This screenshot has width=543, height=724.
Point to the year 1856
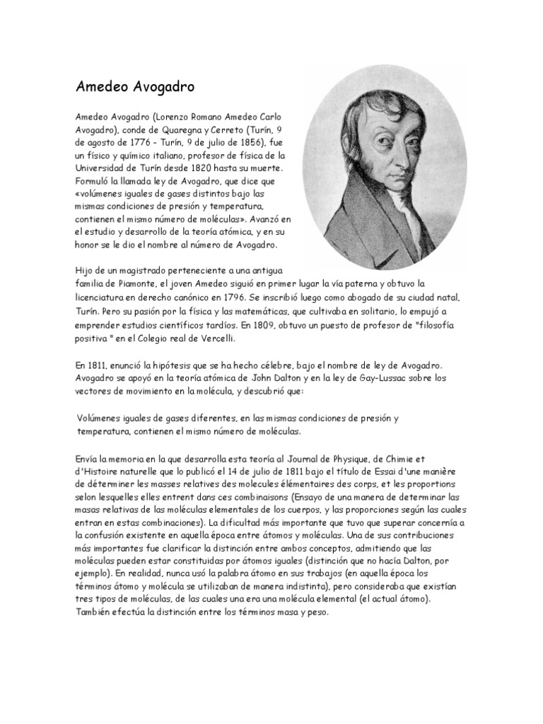(x=246, y=144)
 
